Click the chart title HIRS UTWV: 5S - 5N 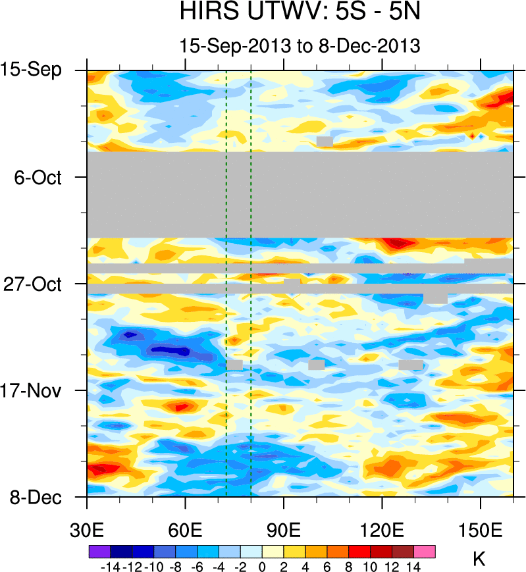coord(300,13)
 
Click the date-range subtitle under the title coord(300,46)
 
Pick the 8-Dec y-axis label coord(36,498)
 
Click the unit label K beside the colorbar coord(479,560)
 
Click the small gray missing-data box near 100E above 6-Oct coord(324,142)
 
